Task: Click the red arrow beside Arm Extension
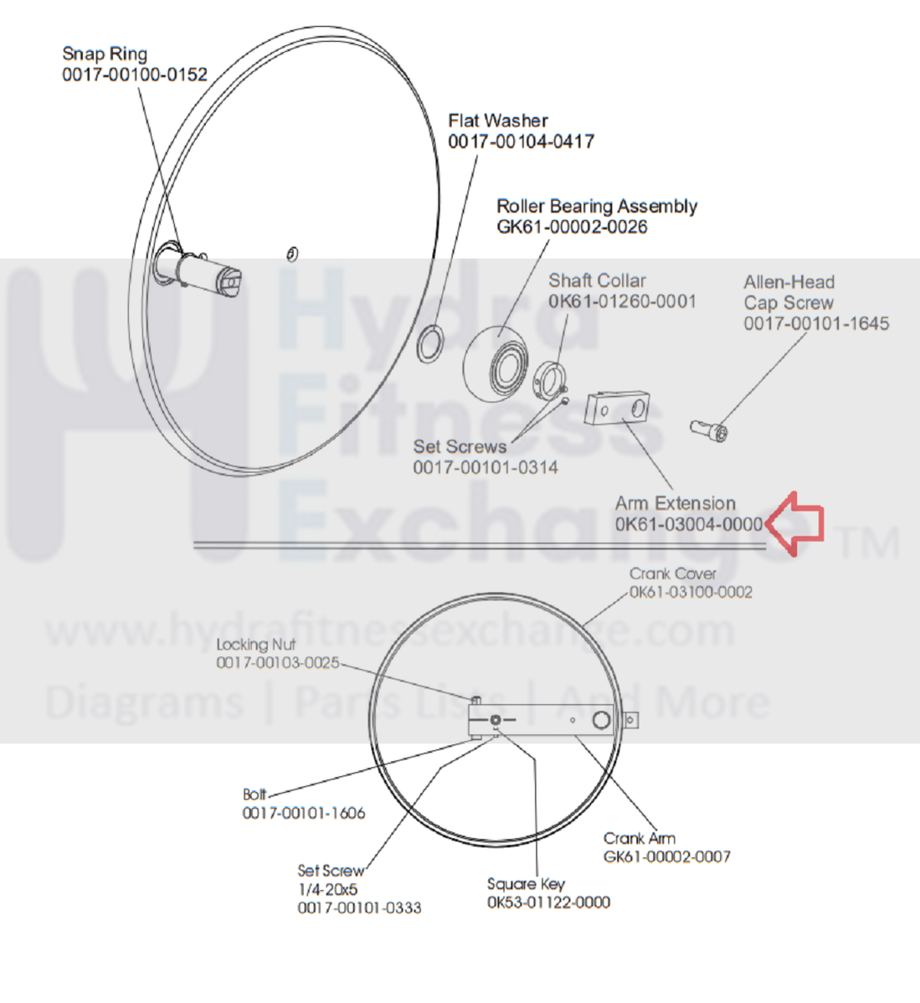pyautogui.click(x=795, y=523)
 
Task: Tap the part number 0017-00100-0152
pyautogui.click(x=135, y=75)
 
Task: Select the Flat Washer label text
pyautogui.click(x=498, y=121)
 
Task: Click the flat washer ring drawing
pyautogui.click(x=430, y=344)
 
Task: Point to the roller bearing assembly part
pyautogui.click(x=497, y=365)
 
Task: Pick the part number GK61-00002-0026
pyautogui.click(x=572, y=227)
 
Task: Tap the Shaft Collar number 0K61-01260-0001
pyautogui.click(x=622, y=301)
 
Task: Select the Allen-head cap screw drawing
pyautogui.click(x=709, y=430)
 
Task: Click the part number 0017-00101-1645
pyautogui.click(x=816, y=323)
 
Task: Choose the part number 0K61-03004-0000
pyautogui.click(x=688, y=525)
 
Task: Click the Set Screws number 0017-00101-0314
pyautogui.click(x=486, y=467)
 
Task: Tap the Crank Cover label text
pyautogui.click(x=673, y=574)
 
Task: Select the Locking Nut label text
pyautogui.click(x=255, y=645)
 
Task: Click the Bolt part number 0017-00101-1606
pyautogui.click(x=304, y=813)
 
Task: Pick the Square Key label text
pyautogui.click(x=526, y=884)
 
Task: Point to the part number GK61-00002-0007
pyautogui.click(x=667, y=856)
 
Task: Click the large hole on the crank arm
pyautogui.click(x=600, y=721)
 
